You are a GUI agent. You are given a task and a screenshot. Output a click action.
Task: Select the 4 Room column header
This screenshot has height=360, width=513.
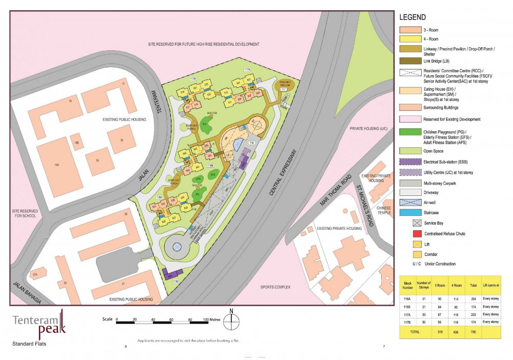[453, 285]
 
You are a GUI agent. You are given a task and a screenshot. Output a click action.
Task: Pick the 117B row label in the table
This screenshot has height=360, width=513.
[408, 322]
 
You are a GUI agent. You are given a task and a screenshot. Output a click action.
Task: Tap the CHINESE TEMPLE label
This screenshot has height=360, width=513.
[384, 211]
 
